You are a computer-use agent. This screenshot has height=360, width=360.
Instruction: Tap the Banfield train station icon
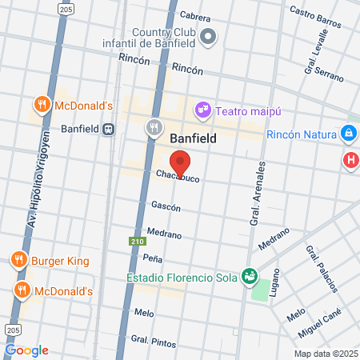tap(108, 128)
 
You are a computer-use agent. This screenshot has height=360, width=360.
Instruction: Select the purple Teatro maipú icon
tap(203, 108)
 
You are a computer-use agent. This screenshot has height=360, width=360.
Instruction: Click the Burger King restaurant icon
tap(19, 259)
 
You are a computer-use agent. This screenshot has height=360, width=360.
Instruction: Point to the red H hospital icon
tap(350, 160)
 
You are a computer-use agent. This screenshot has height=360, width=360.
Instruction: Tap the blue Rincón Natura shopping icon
tap(348, 133)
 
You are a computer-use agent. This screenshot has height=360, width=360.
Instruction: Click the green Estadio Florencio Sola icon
tap(250, 276)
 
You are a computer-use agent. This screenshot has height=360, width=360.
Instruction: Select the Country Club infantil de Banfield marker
tap(209, 36)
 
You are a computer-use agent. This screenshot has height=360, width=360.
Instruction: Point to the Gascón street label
tap(166, 207)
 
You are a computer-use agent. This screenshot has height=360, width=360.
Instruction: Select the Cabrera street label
tap(196, 16)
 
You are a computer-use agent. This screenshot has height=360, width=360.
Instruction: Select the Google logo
tap(26, 350)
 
